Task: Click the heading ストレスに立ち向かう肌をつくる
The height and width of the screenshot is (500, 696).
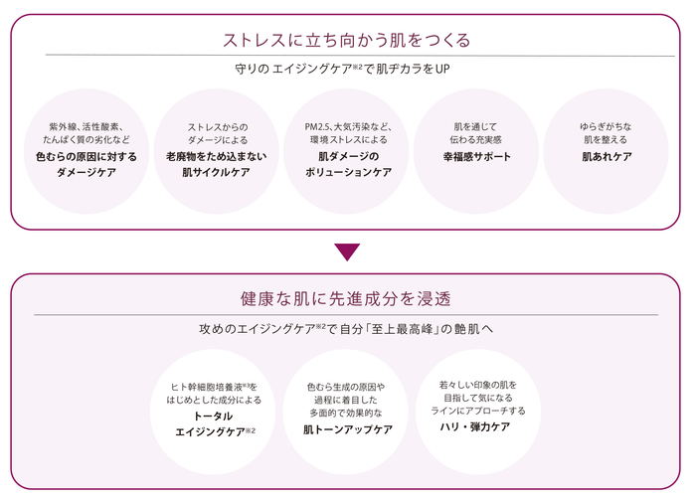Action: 347,41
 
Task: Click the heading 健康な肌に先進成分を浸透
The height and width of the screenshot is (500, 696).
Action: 347,298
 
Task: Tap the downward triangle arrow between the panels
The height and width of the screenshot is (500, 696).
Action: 347,251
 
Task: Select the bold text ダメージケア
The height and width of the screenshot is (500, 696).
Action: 87,172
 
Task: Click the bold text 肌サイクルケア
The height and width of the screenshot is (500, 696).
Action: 217,172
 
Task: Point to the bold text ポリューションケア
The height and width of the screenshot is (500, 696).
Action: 347,172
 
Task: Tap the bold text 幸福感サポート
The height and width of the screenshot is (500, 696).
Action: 476,157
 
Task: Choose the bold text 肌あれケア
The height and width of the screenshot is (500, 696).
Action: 606,157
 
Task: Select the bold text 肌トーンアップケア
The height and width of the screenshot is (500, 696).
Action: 347,429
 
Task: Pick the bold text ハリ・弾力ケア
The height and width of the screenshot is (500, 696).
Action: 476,425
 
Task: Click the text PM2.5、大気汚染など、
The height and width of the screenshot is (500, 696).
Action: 347,127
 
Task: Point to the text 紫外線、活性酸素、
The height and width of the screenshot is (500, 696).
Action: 87,127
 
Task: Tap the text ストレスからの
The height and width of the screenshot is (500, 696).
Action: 217,127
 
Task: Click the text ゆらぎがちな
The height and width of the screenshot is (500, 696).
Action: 606,127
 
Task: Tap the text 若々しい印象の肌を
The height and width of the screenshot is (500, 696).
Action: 476,383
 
